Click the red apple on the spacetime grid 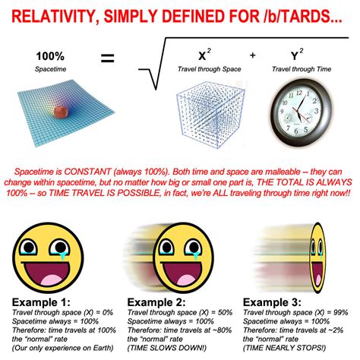coord(61,112)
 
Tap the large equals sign coord(108,58)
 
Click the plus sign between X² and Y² coord(252,55)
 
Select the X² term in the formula coord(204,55)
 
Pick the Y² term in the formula coord(297,55)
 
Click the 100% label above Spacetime coord(50,56)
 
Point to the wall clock coord(302,112)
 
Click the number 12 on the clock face coord(299,93)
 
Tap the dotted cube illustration coord(210,115)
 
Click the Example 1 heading coord(41,302)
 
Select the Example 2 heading coord(156,302)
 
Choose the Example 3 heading coord(272,302)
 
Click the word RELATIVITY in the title coord(53,17)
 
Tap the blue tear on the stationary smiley coord(62,256)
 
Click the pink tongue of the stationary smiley coord(52,280)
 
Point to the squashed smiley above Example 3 coord(317,257)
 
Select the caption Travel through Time coord(302,69)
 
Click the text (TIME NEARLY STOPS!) coord(284,348)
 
